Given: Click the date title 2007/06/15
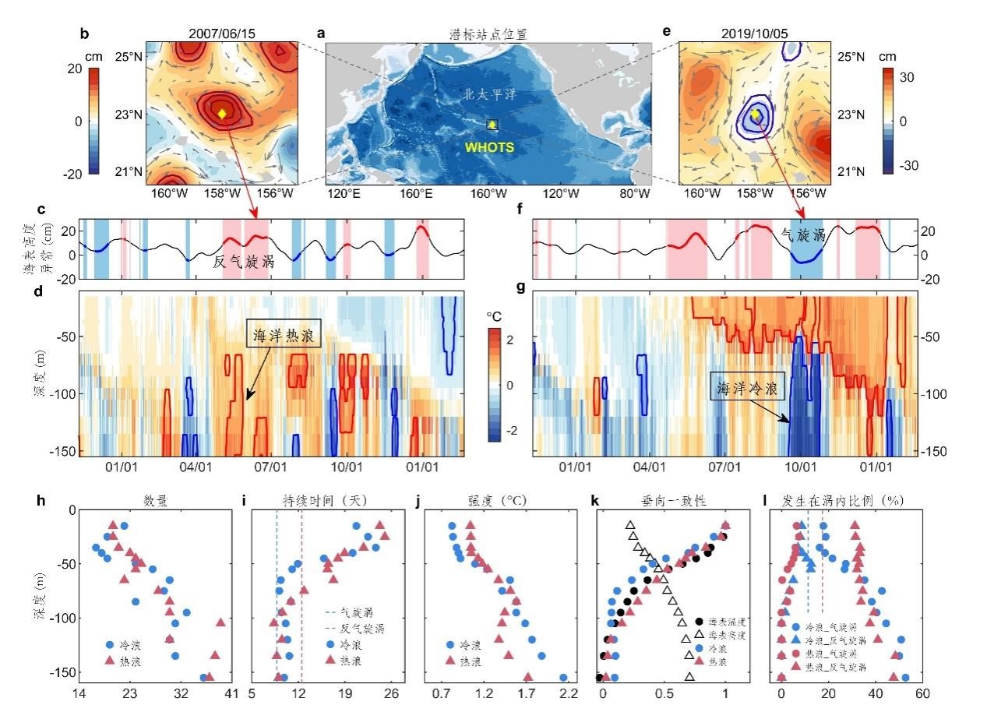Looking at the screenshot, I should (x=222, y=33).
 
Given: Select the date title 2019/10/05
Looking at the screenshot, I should (x=753, y=33).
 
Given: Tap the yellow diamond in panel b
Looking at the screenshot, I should (x=221, y=114).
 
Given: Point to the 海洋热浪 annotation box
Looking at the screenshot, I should (x=283, y=336).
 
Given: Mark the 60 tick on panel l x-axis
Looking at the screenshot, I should (x=922, y=693).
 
